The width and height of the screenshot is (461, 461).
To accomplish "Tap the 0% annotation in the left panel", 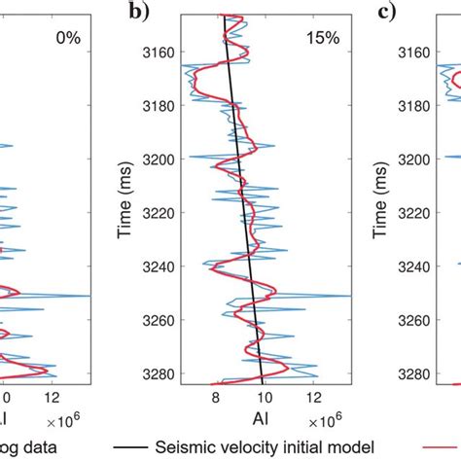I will pyautogui.click(x=66, y=39).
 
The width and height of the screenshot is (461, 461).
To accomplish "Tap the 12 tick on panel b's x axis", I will pyautogui.click(x=314, y=397).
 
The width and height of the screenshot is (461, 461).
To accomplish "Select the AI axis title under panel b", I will pyautogui.click(x=264, y=421).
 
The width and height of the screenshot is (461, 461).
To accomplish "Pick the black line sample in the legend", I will pyautogui.click(x=128, y=447).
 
